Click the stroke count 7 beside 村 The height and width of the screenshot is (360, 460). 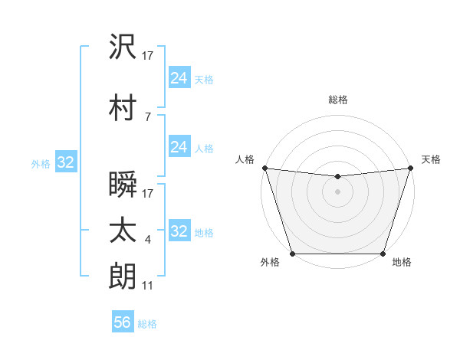click(147, 116)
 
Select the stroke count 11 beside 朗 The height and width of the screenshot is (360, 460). click(149, 285)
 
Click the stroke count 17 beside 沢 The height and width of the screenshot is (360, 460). click(149, 57)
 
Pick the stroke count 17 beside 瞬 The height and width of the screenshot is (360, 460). click(149, 194)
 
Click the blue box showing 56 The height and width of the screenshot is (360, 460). click(123, 322)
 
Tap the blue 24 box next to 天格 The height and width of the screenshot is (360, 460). click(179, 78)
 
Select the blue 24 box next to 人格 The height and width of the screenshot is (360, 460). click(179, 147)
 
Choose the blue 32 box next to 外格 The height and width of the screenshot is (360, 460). click(65, 162)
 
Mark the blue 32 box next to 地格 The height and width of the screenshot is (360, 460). click(179, 231)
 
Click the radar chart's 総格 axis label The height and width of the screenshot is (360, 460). click(338, 100)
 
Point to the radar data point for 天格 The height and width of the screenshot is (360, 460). click(410, 168)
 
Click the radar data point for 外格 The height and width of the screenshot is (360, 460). click(293, 254)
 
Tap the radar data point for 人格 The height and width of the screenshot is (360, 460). click(264, 168)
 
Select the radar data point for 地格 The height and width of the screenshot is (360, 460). click(383, 254)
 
